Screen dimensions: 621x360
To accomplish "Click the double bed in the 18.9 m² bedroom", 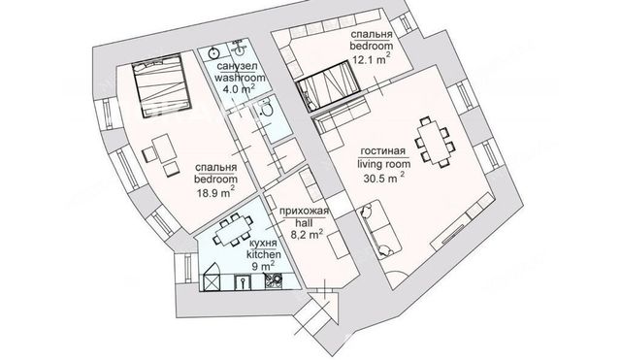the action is (162, 85).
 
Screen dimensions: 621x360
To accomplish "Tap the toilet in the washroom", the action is (266, 108).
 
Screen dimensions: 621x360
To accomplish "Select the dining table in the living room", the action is (435, 142).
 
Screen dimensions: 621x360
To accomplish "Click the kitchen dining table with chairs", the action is (233, 231).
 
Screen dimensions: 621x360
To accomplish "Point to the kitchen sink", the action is (243, 282).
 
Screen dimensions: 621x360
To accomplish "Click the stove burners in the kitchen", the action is (274, 280).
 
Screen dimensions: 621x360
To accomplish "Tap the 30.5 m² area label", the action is (384, 178).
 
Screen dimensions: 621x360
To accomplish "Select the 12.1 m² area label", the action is (372, 59).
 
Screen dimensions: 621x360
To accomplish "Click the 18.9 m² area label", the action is (215, 192).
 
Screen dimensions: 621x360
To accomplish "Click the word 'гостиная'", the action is (383, 151).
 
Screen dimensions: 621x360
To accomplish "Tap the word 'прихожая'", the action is (304, 212).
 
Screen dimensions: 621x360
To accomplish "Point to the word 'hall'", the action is (305, 223).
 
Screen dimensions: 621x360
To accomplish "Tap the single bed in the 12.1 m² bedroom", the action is (329, 85).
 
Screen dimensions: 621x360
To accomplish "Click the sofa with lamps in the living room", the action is (379, 229).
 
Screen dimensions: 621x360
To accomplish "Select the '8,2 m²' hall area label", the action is (307, 234).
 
